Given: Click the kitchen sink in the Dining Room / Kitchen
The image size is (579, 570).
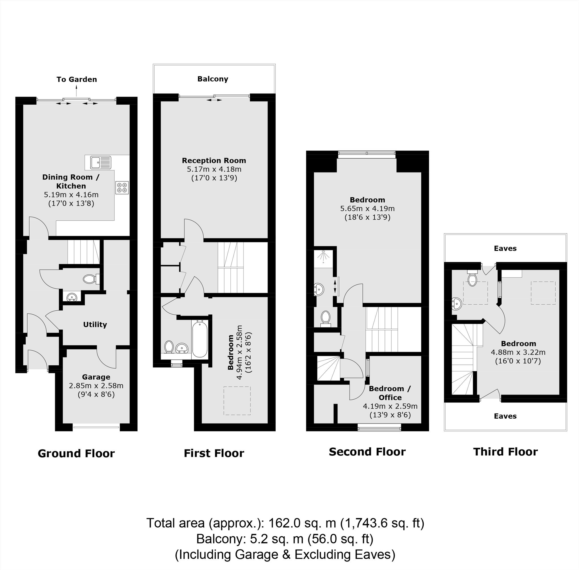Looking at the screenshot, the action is click(x=101, y=162).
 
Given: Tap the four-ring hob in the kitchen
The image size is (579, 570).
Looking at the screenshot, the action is click(x=122, y=188).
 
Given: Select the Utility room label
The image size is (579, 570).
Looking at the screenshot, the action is click(x=95, y=325).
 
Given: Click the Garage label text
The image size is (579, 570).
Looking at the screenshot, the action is click(x=96, y=377).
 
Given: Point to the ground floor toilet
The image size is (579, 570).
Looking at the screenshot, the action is click(x=91, y=279).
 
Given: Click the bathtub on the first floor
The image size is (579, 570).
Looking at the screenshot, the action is click(x=199, y=339).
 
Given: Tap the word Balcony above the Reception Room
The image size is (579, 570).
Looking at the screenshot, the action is click(x=213, y=79).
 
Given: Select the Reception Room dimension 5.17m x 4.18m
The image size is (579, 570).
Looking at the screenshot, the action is click(x=214, y=169).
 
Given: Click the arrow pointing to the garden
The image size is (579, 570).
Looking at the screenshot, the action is click(x=76, y=90).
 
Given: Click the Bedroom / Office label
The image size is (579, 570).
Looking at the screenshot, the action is click(x=390, y=393).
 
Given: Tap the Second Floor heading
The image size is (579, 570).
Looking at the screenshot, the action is click(x=367, y=452).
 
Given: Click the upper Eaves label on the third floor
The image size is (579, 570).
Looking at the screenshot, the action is click(x=505, y=248).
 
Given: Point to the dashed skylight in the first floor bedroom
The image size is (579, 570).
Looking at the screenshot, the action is click(x=237, y=400).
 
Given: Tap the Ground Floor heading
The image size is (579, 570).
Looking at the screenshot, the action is click(x=76, y=453).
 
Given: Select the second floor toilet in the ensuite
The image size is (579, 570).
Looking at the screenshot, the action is click(x=325, y=319).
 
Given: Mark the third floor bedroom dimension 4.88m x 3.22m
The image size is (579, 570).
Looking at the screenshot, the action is click(x=518, y=352).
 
